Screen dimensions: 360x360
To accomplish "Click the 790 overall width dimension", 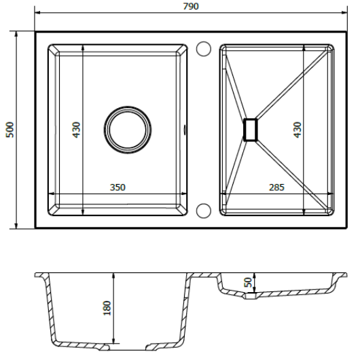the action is pos(191,6).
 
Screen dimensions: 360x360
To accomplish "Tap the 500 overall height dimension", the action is pos(10,130).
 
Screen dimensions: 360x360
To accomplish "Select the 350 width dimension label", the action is pos(118,187).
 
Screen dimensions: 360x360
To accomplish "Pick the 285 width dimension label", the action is pos(276,187).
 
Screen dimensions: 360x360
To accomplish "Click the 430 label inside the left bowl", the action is pos(77,130).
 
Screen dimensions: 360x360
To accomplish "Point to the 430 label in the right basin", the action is pos(298,130).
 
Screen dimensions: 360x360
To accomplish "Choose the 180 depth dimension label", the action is pos(107,308).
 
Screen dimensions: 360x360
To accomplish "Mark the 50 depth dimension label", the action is pos(248,282).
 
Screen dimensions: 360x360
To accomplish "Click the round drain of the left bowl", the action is pos(128,130).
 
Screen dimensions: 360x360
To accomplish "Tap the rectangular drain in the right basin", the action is pos(250,130).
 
